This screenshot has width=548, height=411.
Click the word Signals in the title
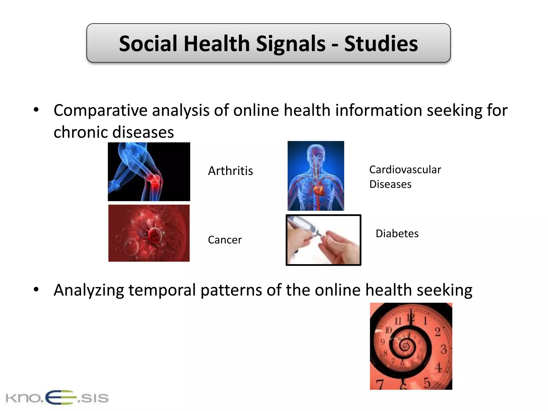(x=291, y=44)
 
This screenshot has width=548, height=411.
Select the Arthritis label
(x=230, y=171)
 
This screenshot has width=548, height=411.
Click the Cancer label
(x=225, y=240)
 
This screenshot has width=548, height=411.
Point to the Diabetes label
(x=397, y=234)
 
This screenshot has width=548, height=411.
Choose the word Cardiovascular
(x=405, y=170)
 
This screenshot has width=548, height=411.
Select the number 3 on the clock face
(x=443, y=349)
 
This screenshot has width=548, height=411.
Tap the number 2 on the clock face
(x=437, y=332)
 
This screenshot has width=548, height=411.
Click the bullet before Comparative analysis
(x=36, y=110)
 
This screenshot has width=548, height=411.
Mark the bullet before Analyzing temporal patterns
(x=36, y=290)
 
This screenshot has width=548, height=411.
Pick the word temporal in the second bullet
(x=162, y=290)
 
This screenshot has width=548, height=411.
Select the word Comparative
(x=100, y=110)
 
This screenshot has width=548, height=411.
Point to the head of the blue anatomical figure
(x=316, y=151)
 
